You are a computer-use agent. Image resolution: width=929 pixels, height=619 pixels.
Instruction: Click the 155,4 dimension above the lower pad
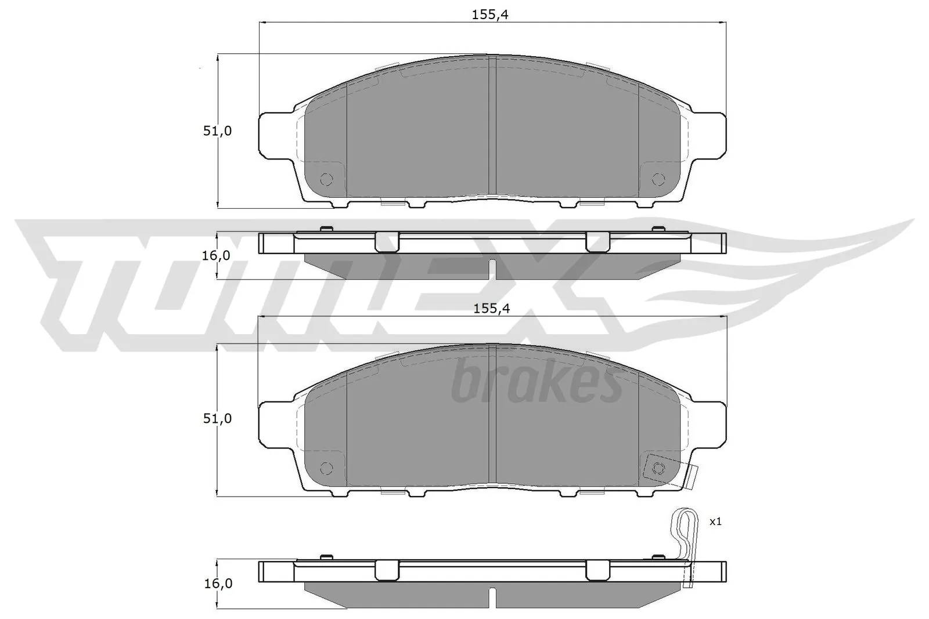[x=491, y=309]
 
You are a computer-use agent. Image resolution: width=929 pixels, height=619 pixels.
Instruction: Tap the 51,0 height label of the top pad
[x=217, y=131]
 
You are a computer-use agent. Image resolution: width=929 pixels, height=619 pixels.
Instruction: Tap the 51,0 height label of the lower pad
[x=217, y=418]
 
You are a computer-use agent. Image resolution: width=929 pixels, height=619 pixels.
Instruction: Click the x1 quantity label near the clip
[x=716, y=522]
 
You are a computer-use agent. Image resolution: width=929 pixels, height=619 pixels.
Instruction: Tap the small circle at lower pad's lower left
[x=325, y=467]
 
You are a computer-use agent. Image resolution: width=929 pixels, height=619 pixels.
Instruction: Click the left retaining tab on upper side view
[x=387, y=241]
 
